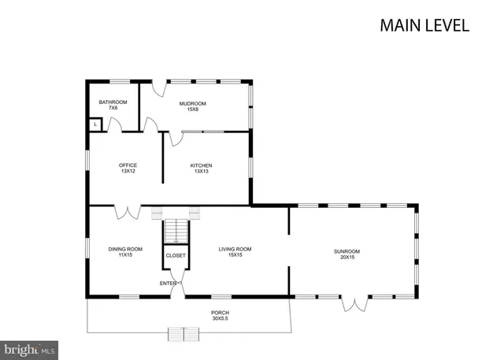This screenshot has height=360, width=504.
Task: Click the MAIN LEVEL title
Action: click(x=424, y=24)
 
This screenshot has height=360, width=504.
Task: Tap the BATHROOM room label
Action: click(x=113, y=102)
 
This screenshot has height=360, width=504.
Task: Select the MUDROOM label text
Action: click(x=192, y=103)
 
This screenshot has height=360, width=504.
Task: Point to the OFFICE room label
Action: click(x=128, y=165)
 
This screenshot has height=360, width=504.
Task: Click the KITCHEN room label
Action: click(x=201, y=165)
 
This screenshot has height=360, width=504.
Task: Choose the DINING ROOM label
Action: click(x=125, y=249)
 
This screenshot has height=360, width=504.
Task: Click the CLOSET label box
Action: click(x=176, y=256)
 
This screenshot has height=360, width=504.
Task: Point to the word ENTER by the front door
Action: click(x=168, y=283)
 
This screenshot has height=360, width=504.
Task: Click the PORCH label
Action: click(x=220, y=313)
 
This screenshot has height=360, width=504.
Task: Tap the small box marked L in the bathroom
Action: click(x=95, y=124)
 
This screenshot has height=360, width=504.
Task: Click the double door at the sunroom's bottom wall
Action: click(x=355, y=302)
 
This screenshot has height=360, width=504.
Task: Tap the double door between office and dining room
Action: click(x=128, y=212)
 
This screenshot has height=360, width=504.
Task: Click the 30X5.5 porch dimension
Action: click(x=220, y=319)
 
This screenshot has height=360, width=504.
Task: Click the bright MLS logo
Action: click(x=30, y=348)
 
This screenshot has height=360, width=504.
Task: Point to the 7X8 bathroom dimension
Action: click(x=113, y=109)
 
